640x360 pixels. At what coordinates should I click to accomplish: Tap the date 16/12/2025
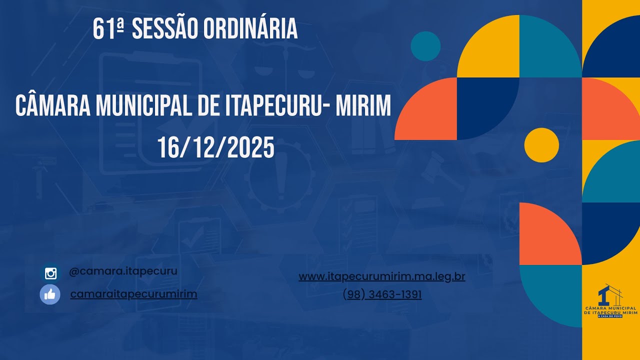[216, 147]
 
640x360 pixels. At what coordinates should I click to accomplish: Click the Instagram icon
[50, 273]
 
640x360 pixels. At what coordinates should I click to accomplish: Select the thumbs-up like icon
[50, 294]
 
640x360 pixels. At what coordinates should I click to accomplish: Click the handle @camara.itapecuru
[123, 271]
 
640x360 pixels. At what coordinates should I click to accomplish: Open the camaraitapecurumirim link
[133, 294]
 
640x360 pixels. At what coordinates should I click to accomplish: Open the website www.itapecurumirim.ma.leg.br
[382, 276]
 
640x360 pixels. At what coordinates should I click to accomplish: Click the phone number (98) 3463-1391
[382, 295]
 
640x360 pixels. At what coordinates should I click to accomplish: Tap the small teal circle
[425, 46]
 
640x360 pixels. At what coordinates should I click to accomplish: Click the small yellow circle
[541, 145]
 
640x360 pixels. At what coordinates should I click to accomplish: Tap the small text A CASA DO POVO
[610, 316]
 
